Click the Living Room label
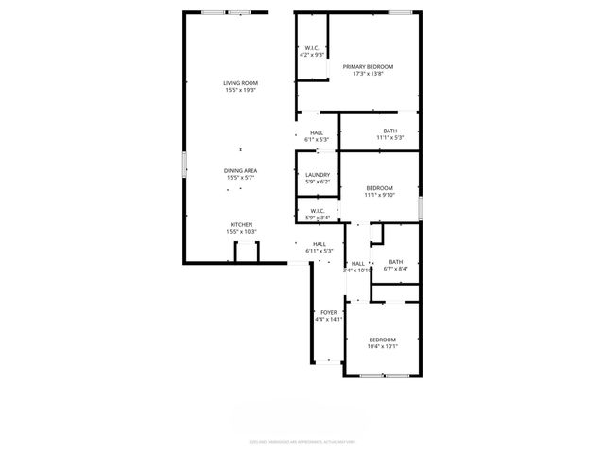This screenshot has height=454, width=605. click(241, 83)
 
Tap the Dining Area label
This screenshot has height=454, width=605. click(241, 170)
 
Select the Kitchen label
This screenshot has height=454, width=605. click(241, 224)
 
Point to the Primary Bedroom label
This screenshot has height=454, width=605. click(368, 66)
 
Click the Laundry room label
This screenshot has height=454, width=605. click(318, 175)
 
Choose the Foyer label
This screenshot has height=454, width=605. click(329, 312)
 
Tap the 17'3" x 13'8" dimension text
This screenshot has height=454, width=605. click(368, 73)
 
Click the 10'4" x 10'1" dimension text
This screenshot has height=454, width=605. click(382, 346)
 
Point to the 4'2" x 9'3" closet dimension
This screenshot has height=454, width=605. click(312, 55)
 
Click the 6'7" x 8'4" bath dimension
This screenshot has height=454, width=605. click(395, 269)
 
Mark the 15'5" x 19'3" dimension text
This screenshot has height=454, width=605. click(241, 90)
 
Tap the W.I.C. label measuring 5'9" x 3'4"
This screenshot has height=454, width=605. click(318, 211)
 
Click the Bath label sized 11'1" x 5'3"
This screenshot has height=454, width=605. click(390, 131)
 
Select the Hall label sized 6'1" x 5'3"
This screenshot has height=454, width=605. click(316, 133)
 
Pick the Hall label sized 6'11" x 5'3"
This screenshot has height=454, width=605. click(320, 244)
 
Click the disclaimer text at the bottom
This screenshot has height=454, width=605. click(302, 441)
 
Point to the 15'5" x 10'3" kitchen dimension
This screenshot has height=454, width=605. click(241, 231)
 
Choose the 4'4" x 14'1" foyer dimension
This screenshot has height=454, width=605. click(329, 319)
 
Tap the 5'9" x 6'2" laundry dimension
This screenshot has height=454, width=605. click(318, 182)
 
